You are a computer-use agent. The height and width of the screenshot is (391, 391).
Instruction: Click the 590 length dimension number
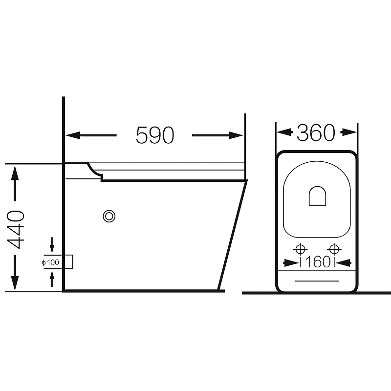coord(154,135)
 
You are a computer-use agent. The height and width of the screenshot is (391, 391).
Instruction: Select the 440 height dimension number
coord(16,229)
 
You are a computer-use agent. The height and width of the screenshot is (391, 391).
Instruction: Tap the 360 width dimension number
coord(316,132)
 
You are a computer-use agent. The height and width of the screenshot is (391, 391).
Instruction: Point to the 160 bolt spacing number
coord(318,262)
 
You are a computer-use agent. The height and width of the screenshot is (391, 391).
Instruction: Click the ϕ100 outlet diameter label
coord(50,262)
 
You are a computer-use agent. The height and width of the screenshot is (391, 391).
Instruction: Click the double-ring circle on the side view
coord(109,216)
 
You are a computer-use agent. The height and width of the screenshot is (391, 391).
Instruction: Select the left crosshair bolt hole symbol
coord(300,249)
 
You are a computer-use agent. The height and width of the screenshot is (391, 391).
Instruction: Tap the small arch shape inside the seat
coord(317,196)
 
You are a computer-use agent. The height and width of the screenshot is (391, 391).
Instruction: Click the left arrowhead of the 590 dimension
coord(73,135)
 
